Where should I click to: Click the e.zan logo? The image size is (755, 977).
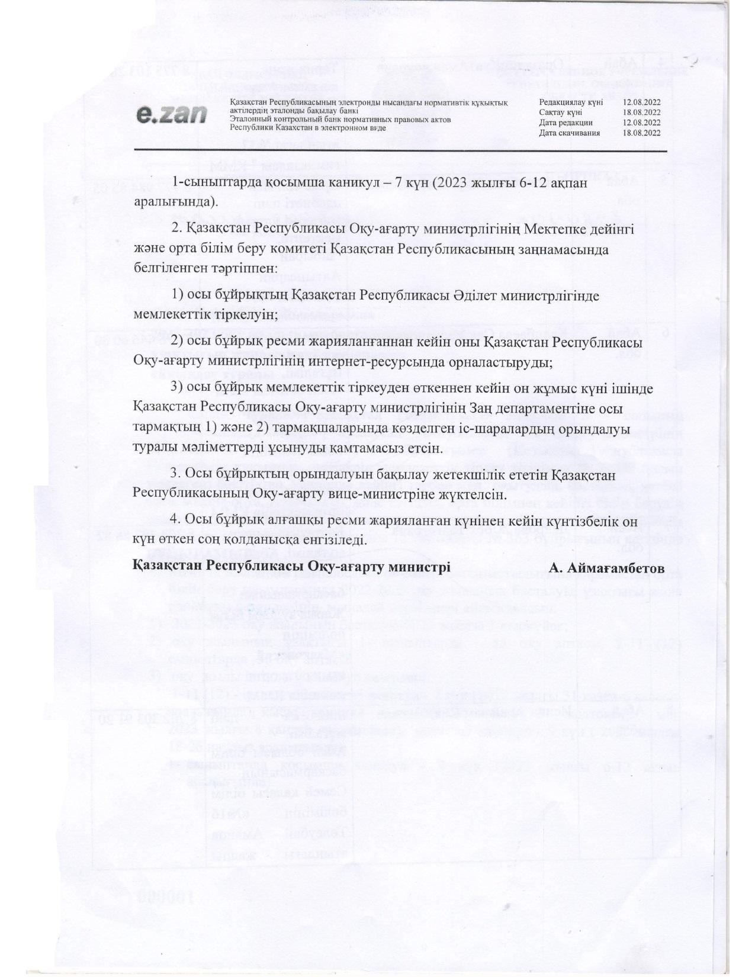tap(171, 114)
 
